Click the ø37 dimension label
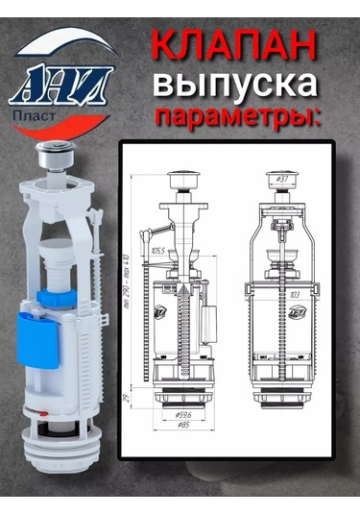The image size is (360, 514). (282, 180)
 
